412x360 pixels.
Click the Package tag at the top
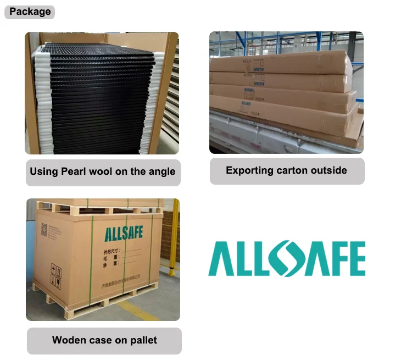point(30,12)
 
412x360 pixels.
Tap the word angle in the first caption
point(162,171)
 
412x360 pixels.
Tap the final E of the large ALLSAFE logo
point(354,259)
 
